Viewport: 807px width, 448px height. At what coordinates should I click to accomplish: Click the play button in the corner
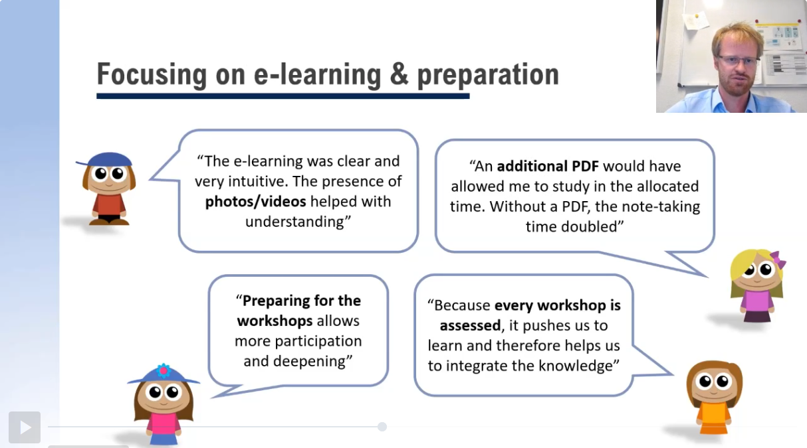pyautogui.click(x=25, y=427)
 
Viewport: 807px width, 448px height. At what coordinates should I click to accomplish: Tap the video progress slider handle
pyautogui.click(x=382, y=427)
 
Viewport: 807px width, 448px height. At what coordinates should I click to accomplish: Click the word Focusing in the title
pyautogui.click(x=152, y=75)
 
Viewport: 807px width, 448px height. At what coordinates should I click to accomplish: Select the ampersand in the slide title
pyautogui.click(x=399, y=74)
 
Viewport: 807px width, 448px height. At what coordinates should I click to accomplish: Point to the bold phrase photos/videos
pyautogui.click(x=255, y=202)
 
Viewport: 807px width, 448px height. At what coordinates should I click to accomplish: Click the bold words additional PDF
pyautogui.click(x=548, y=166)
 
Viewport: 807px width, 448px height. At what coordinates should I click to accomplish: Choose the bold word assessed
pyautogui.click(x=470, y=326)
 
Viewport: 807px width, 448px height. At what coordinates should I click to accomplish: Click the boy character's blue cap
pyautogui.click(x=106, y=159)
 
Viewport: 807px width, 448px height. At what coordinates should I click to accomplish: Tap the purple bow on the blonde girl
pyautogui.click(x=778, y=260)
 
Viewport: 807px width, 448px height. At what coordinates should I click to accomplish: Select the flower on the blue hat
pyautogui.click(x=164, y=371)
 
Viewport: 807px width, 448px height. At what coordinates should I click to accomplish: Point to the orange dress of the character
pyautogui.click(x=713, y=419)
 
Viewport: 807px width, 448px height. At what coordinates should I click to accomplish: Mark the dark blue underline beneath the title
pyautogui.click(x=283, y=96)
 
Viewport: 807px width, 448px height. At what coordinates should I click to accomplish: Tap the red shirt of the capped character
pyautogui.click(x=109, y=204)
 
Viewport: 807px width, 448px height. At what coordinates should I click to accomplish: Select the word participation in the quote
pyautogui.click(x=318, y=342)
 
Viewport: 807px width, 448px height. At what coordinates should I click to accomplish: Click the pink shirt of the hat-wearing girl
pyautogui.click(x=164, y=424)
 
